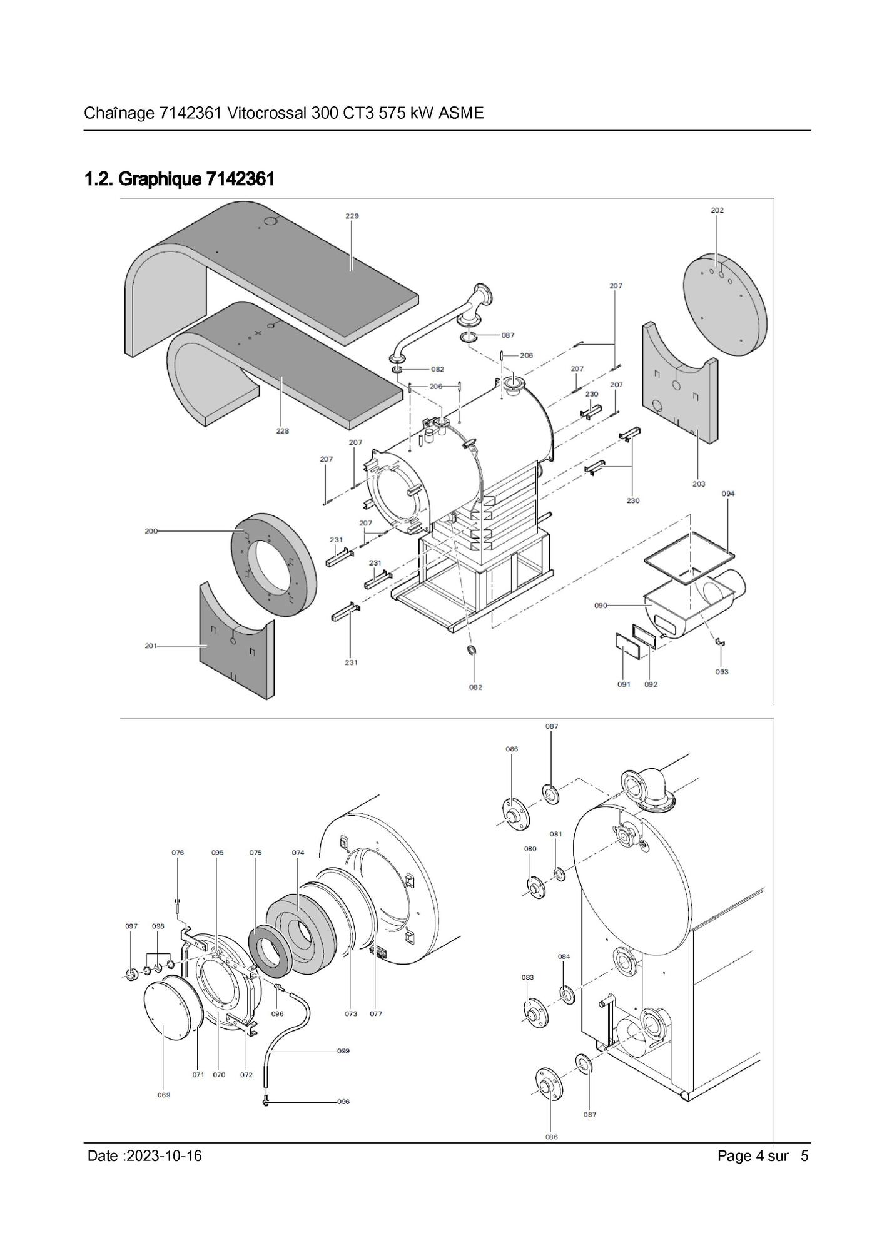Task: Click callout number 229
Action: coord(352,216)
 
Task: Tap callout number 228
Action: coord(283,431)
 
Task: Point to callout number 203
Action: coord(699,484)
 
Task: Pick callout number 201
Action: coord(151,646)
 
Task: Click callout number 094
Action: coord(728,494)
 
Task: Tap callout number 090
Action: coord(601,606)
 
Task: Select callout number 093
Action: coord(722,672)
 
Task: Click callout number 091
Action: coord(624,684)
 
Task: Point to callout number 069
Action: coord(163,1095)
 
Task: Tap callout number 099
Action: coord(343,1051)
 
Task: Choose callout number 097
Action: coord(131,926)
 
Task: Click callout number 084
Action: coord(564,956)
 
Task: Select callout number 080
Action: coord(530,849)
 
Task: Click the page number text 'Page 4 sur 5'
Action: coord(763,1155)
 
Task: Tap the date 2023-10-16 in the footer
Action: coord(164,1155)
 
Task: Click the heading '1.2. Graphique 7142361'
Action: coord(180,180)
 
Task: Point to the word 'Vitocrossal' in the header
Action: coord(266,113)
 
